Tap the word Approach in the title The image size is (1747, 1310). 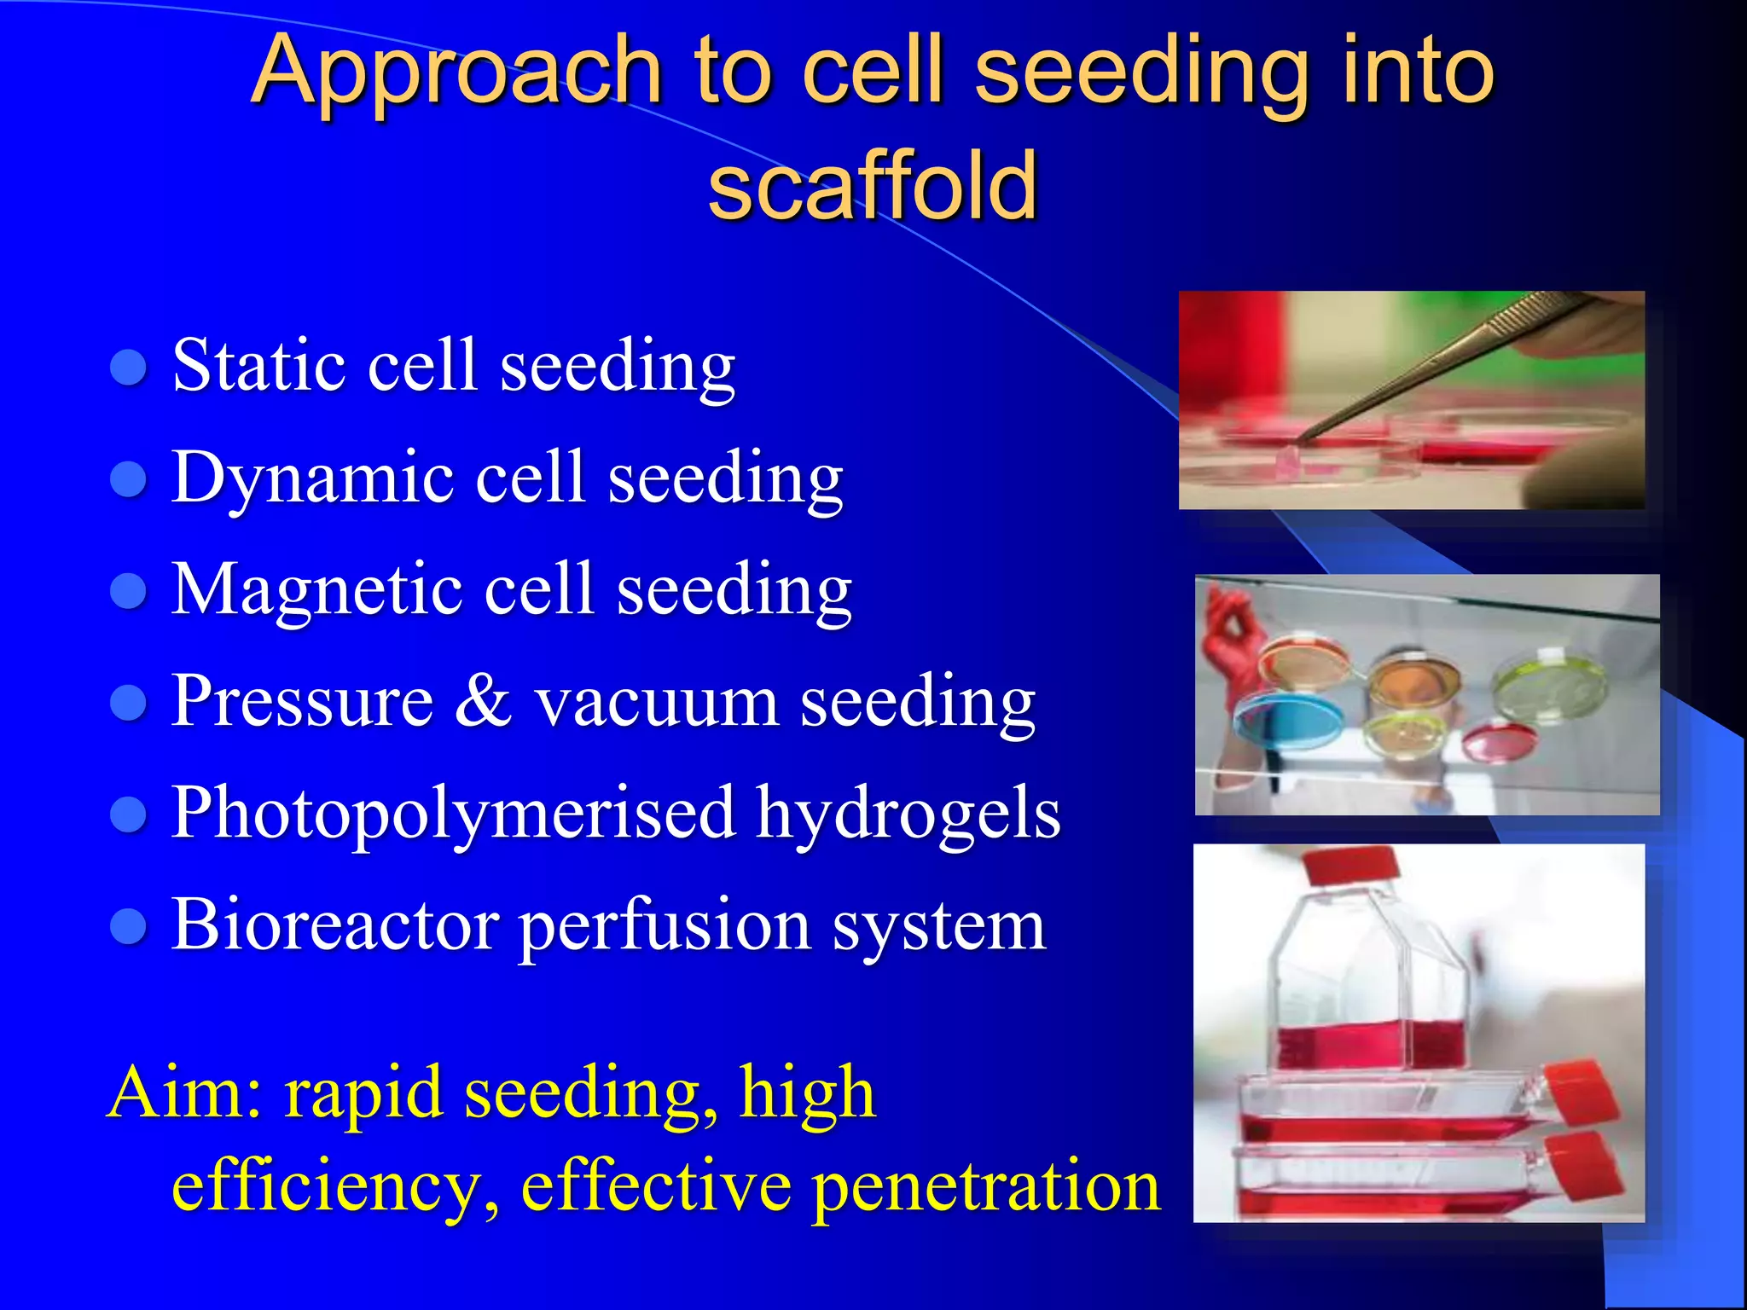[x=456, y=72]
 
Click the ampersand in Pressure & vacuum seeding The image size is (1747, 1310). [x=484, y=701]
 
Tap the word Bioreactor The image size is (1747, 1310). [x=335, y=925]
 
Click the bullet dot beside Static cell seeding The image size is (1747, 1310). [x=129, y=368]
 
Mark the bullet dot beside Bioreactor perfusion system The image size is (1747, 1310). [x=129, y=927]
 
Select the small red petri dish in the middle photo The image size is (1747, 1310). [x=1500, y=740]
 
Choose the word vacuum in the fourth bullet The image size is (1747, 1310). [x=656, y=703]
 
